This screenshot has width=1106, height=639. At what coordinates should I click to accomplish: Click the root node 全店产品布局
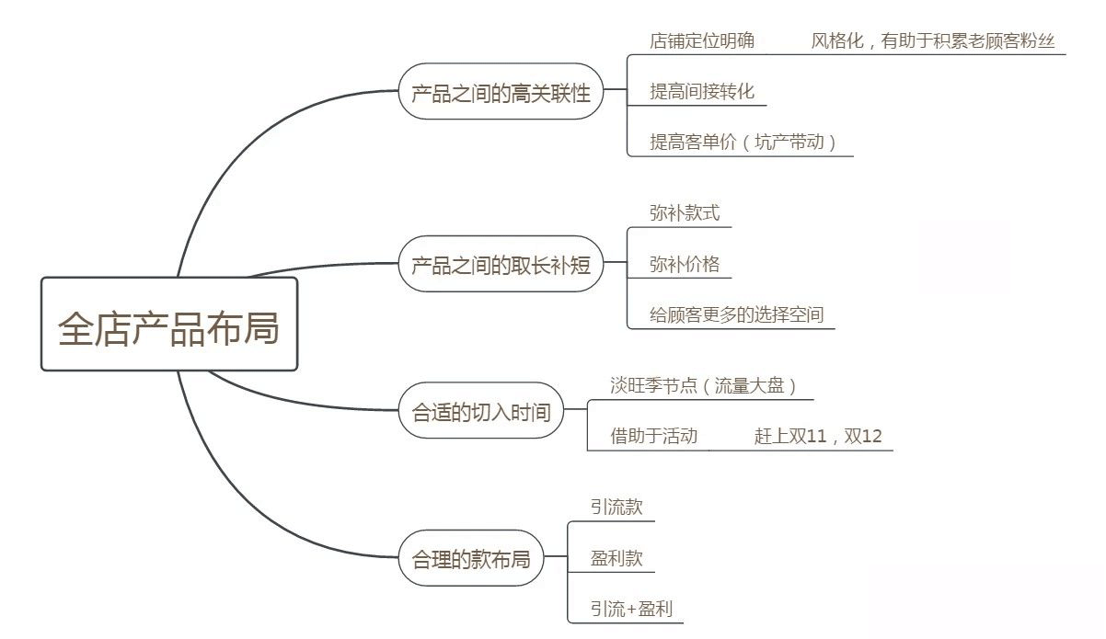point(169,325)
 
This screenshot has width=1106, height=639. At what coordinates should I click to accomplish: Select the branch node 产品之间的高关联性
point(501,92)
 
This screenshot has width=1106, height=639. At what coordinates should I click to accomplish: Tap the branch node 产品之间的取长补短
point(501,265)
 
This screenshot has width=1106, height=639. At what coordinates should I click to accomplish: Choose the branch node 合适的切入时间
point(480,411)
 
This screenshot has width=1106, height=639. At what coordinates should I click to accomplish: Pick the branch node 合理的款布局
point(471,558)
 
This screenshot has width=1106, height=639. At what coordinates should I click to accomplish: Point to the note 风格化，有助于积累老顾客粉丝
point(933,40)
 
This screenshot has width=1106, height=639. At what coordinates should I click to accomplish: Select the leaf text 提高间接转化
point(701,91)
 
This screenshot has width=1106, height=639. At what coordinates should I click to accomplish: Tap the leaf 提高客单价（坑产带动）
point(743,142)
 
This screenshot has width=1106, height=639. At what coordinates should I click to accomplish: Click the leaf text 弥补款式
point(685,213)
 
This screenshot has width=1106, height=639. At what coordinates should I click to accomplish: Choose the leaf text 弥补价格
point(685,265)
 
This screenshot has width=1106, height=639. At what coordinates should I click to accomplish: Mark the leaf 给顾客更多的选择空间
point(736,315)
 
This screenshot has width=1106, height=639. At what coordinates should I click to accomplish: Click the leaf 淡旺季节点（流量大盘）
point(704,386)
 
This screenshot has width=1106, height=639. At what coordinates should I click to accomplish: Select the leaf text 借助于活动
point(654,436)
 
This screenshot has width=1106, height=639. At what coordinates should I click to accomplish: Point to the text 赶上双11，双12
point(818,436)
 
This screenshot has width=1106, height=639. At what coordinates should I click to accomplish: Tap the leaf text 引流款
point(616,507)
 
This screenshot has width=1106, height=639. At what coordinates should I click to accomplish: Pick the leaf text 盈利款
point(616,558)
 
